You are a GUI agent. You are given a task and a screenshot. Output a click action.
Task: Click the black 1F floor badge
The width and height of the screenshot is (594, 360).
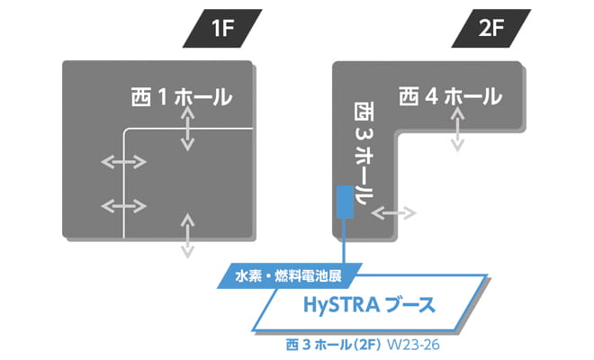[x=222, y=29]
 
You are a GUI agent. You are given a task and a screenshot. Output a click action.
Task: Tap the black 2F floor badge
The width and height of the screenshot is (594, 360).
[x=491, y=29]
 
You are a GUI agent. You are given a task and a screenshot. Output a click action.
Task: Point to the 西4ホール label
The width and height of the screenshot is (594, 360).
[x=450, y=94]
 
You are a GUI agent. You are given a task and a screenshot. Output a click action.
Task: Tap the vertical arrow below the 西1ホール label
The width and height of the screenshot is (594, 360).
[x=186, y=133]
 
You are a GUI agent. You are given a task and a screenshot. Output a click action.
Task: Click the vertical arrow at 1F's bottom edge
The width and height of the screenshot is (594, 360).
[x=186, y=236]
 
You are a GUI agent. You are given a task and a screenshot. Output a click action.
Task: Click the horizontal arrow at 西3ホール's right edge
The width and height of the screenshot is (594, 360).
[x=393, y=213]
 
